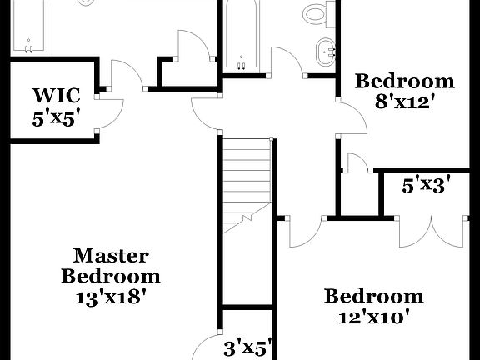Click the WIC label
55,93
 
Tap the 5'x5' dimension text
56,117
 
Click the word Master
111,255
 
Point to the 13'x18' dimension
110,295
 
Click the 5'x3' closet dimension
426,185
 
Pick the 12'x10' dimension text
374,317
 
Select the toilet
316,12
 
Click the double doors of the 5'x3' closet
431,231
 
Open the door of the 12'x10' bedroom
305,232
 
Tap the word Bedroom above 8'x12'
406,82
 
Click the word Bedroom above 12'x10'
374,297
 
